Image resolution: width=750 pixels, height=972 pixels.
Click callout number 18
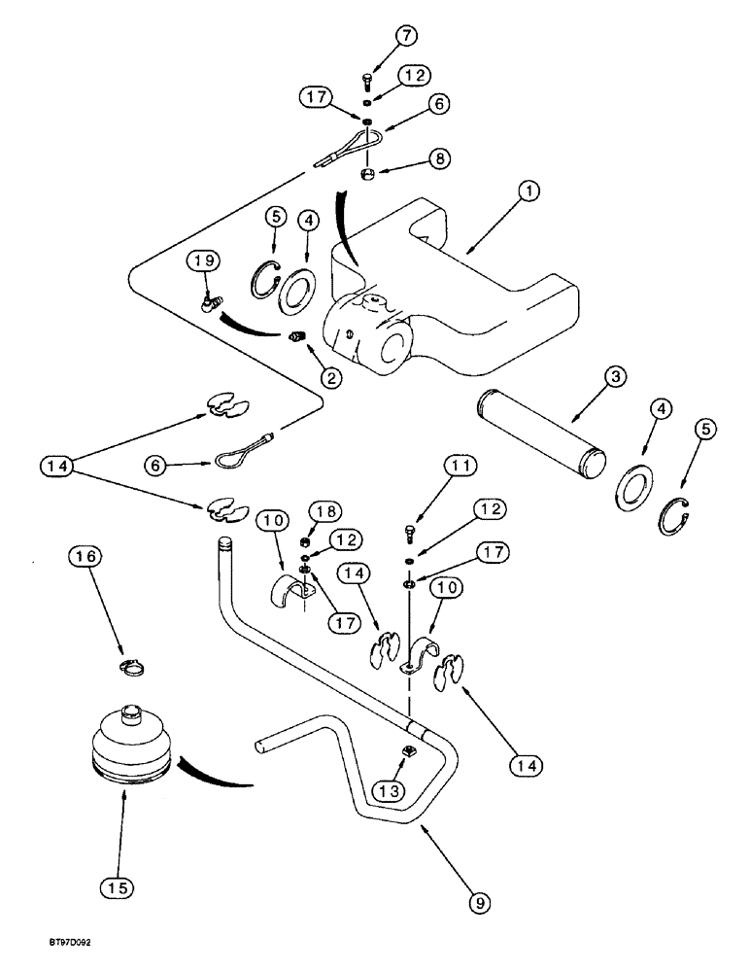coord(326,511)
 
